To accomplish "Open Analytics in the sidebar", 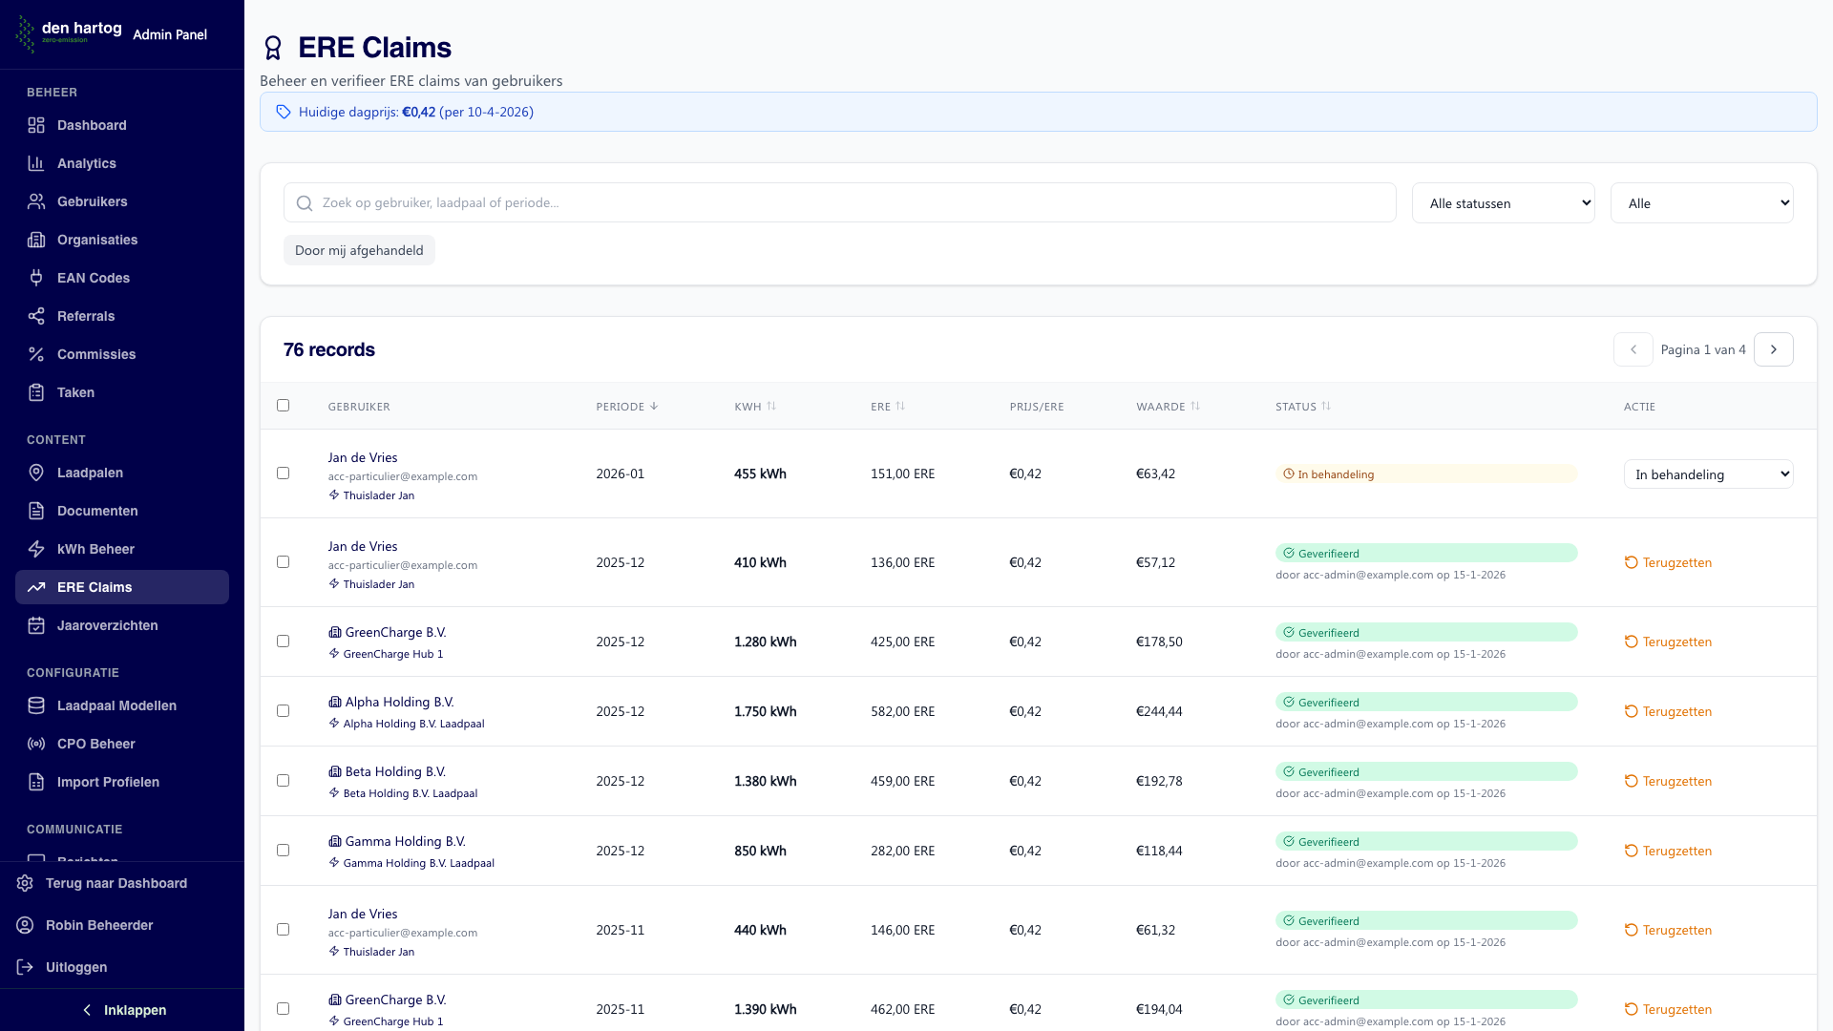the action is click(x=86, y=163).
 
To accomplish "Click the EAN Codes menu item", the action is click(x=93, y=278).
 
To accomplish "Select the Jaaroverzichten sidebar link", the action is click(x=107, y=625).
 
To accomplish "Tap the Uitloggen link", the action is click(x=75, y=967).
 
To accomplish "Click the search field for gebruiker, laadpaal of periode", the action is click(x=840, y=202).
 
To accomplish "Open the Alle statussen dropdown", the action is click(x=1503, y=203).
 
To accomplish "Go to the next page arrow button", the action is click(x=1774, y=349).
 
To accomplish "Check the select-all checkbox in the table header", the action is click(x=283, y=406).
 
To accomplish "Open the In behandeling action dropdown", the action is click(x=1708, y=474).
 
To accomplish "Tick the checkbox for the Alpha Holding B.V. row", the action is click(x=283, y=711).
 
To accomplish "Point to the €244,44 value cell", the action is click(x=1159, y=711).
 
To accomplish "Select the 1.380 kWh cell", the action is click(x=765, y=781).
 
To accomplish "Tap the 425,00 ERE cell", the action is click(x=902, y=642).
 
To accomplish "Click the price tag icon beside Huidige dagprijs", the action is click(x=284, y=112).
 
